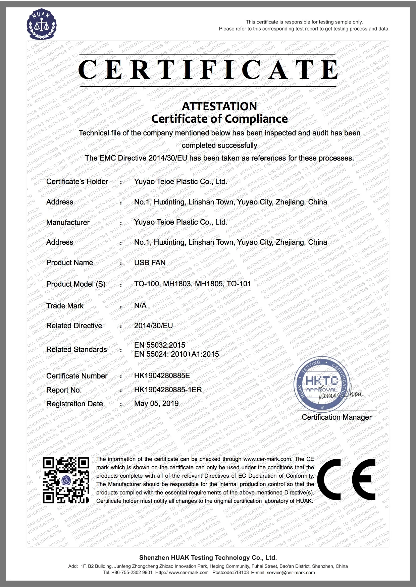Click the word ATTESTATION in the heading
tap(219, 106)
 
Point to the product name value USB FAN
tap(150, 262)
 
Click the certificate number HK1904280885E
tap(162, 376)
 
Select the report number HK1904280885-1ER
tap(168, 390)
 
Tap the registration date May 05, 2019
tap(156, 403)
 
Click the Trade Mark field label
tap(65, 306)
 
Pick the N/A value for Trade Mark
tap(140, 305)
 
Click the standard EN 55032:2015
tap(159, 345)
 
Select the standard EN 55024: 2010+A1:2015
tap(176, 354)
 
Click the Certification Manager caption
tap(336, 417)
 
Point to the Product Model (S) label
tap(76, 284)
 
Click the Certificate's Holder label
tap(77, 181)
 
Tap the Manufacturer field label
tap(68, 222)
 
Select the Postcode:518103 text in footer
tap(230, 573)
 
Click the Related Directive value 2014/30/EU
tap(153, 326)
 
